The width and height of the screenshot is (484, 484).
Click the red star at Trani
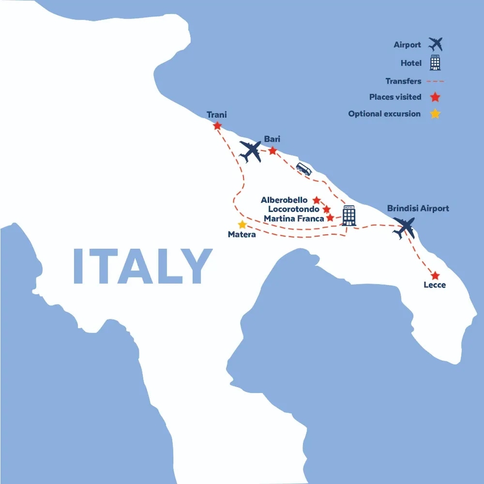(x=217, y=125)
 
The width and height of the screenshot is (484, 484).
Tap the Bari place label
(x=272, y=139)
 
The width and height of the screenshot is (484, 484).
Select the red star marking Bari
(x=272, y=151)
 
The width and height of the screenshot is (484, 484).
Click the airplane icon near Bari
(x=251, y=151)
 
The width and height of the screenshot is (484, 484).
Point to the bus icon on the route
(x=304, y=168)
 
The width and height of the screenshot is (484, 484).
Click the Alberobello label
(x=284, y=200)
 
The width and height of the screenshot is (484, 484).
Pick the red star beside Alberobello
(x=317, y=200)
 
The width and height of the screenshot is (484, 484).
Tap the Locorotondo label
(x=289, y=209)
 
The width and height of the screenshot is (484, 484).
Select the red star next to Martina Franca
(x=330, y=218)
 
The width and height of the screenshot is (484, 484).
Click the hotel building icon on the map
(x=349, y=215)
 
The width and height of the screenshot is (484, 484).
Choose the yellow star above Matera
(x=242, y=225)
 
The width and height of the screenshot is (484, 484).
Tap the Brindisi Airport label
(x=418, y=209)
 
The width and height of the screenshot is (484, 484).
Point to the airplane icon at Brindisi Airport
(x=404, y=227)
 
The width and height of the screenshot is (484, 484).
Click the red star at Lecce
(x=435, y=275)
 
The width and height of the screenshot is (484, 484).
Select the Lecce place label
(x=435, y=285)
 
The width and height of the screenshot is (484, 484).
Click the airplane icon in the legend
(x=436, y=45)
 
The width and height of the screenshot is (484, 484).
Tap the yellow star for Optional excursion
(x=435, y=114)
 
